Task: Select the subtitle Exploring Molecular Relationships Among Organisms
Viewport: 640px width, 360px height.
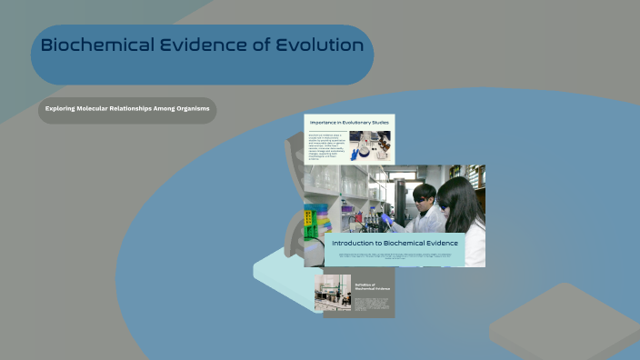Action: pyautogui.click(x=127, y=109)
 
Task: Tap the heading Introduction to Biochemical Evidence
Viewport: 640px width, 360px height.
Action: pyautogui.click(x=395, y=244)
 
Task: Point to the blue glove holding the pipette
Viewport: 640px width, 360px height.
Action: pyautogui.click(x=387, y=219)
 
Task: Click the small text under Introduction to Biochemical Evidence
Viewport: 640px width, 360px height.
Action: pyautogui.click(x=395, y=257)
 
